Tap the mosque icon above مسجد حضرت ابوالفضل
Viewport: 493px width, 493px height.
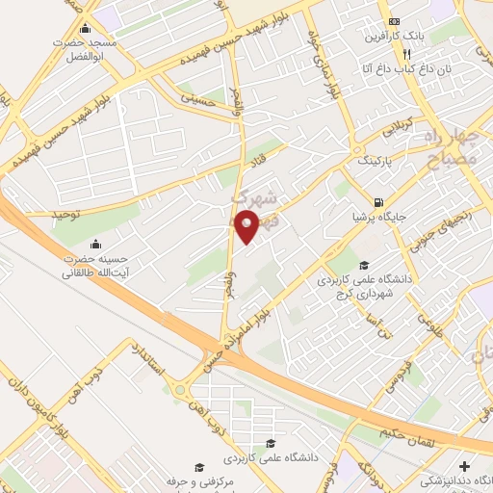pyautogui.click(x=88, y=28)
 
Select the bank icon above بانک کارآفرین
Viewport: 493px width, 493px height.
pyautogui.click(x=393, y=22)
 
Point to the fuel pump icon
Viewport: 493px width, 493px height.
pyautogui.click(x=378, y=202)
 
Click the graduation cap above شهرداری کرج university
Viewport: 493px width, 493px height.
pyautogui.click(x=363, y=266)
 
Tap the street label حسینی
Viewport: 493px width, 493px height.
pyautogui.click(x=206, y=99)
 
